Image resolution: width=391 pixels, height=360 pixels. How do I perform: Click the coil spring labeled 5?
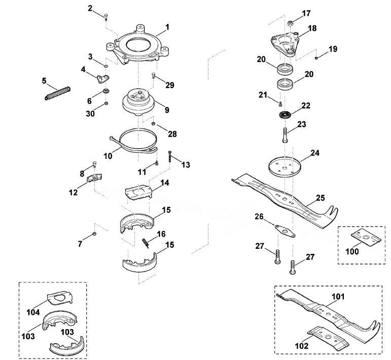[58, 93]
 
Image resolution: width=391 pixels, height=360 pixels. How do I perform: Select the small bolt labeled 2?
[105, 16]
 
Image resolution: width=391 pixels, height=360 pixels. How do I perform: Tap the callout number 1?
[167, 27]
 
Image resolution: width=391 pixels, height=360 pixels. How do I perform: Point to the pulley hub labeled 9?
[138, 103]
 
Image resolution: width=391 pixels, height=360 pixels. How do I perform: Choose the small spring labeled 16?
[146, 243]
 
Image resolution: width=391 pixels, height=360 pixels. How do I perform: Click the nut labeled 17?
[290, 23]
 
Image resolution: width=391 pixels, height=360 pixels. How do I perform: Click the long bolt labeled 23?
[286, 135]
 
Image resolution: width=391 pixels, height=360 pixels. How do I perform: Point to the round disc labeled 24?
[285, 167]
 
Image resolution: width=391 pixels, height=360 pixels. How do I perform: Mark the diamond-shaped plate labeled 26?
[285, 231]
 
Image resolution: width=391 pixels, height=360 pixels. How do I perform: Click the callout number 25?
[321, 198]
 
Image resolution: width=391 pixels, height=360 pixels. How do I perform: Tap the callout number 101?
[338, 297]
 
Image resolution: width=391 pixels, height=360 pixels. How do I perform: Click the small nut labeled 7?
[94, 234]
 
